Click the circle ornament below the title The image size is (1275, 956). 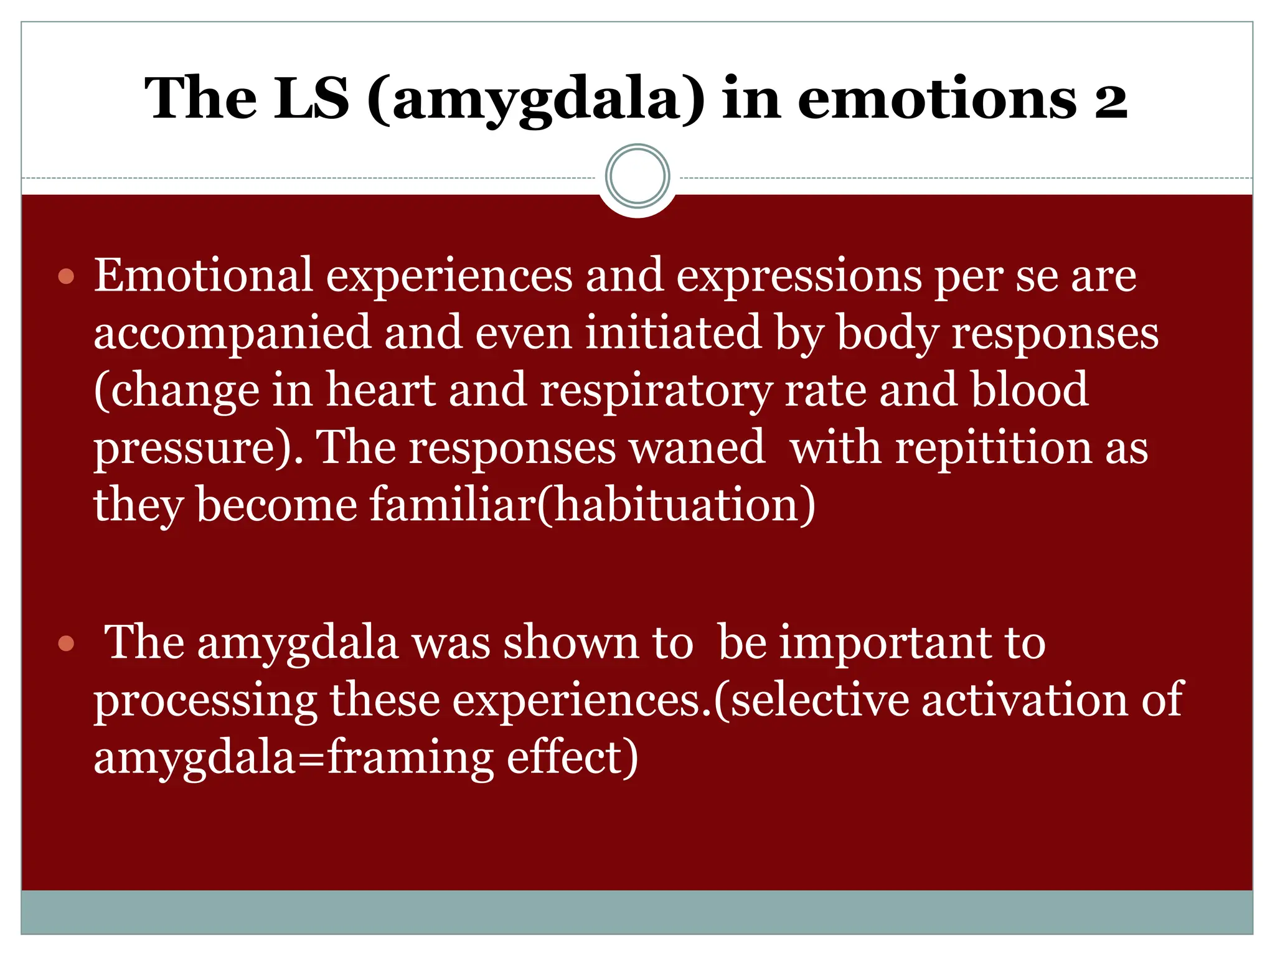[637, 176]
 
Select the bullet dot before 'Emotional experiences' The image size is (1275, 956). [66, 276]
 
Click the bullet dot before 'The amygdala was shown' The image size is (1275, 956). [66, 644]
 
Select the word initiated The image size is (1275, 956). [673, 332]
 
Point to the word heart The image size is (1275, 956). [381, 390]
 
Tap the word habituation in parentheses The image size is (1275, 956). [675, 504]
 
